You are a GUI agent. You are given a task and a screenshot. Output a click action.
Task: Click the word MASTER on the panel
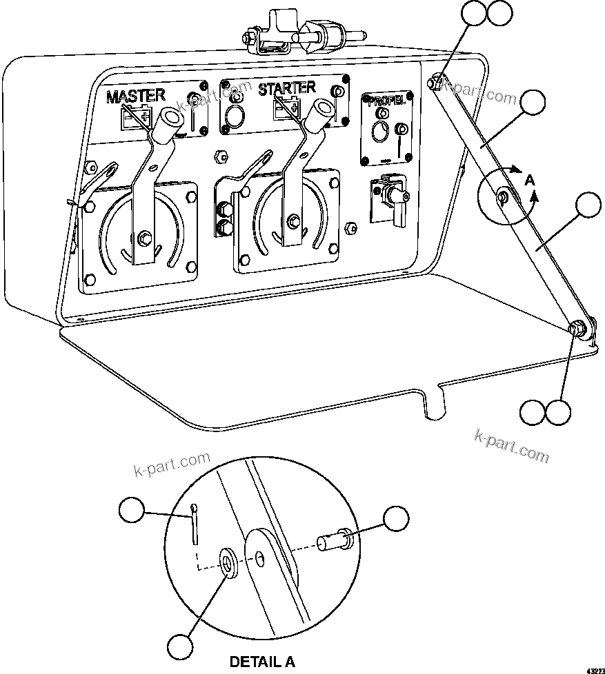[x=136, y=96]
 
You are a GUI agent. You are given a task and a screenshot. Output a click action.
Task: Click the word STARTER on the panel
[x=286, y=88]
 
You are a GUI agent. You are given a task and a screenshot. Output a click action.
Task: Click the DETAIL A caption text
[x=262, y=662]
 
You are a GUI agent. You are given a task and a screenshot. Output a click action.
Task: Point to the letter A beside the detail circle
[x=529, y=179]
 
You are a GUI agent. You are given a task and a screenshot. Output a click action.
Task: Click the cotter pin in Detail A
[x=195, y=523]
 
